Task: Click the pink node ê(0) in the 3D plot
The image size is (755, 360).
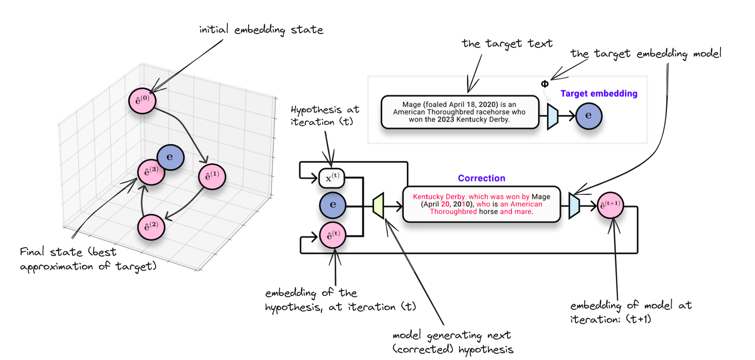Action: [142, 101]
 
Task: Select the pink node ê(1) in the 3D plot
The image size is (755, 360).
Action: [212, 176]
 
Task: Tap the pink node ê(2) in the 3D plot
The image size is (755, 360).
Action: [151, 227]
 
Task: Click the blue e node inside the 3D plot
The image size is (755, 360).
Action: [171, 157]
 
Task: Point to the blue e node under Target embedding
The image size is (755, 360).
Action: [589, 116]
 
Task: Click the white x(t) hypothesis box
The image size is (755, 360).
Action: [332, 178]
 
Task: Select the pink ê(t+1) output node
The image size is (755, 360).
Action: [610, 205]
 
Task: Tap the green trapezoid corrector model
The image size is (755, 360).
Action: [379, 205]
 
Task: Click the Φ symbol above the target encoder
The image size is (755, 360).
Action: [545, 84]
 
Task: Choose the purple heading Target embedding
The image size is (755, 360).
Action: [599, 93]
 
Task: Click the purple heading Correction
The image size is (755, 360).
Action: [481, 178]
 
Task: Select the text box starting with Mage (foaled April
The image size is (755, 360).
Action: [459, 112]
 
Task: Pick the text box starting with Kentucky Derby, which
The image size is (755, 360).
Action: [481, 204]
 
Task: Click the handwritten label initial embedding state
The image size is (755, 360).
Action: [261, 30]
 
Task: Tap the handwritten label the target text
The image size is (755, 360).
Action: [507, 44]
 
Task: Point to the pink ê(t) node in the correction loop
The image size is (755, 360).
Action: [333, 236]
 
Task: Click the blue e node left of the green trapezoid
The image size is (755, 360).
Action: [332, 205]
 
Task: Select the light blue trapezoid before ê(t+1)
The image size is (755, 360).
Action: [574, 205]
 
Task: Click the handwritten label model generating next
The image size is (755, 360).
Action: [452, 335]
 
